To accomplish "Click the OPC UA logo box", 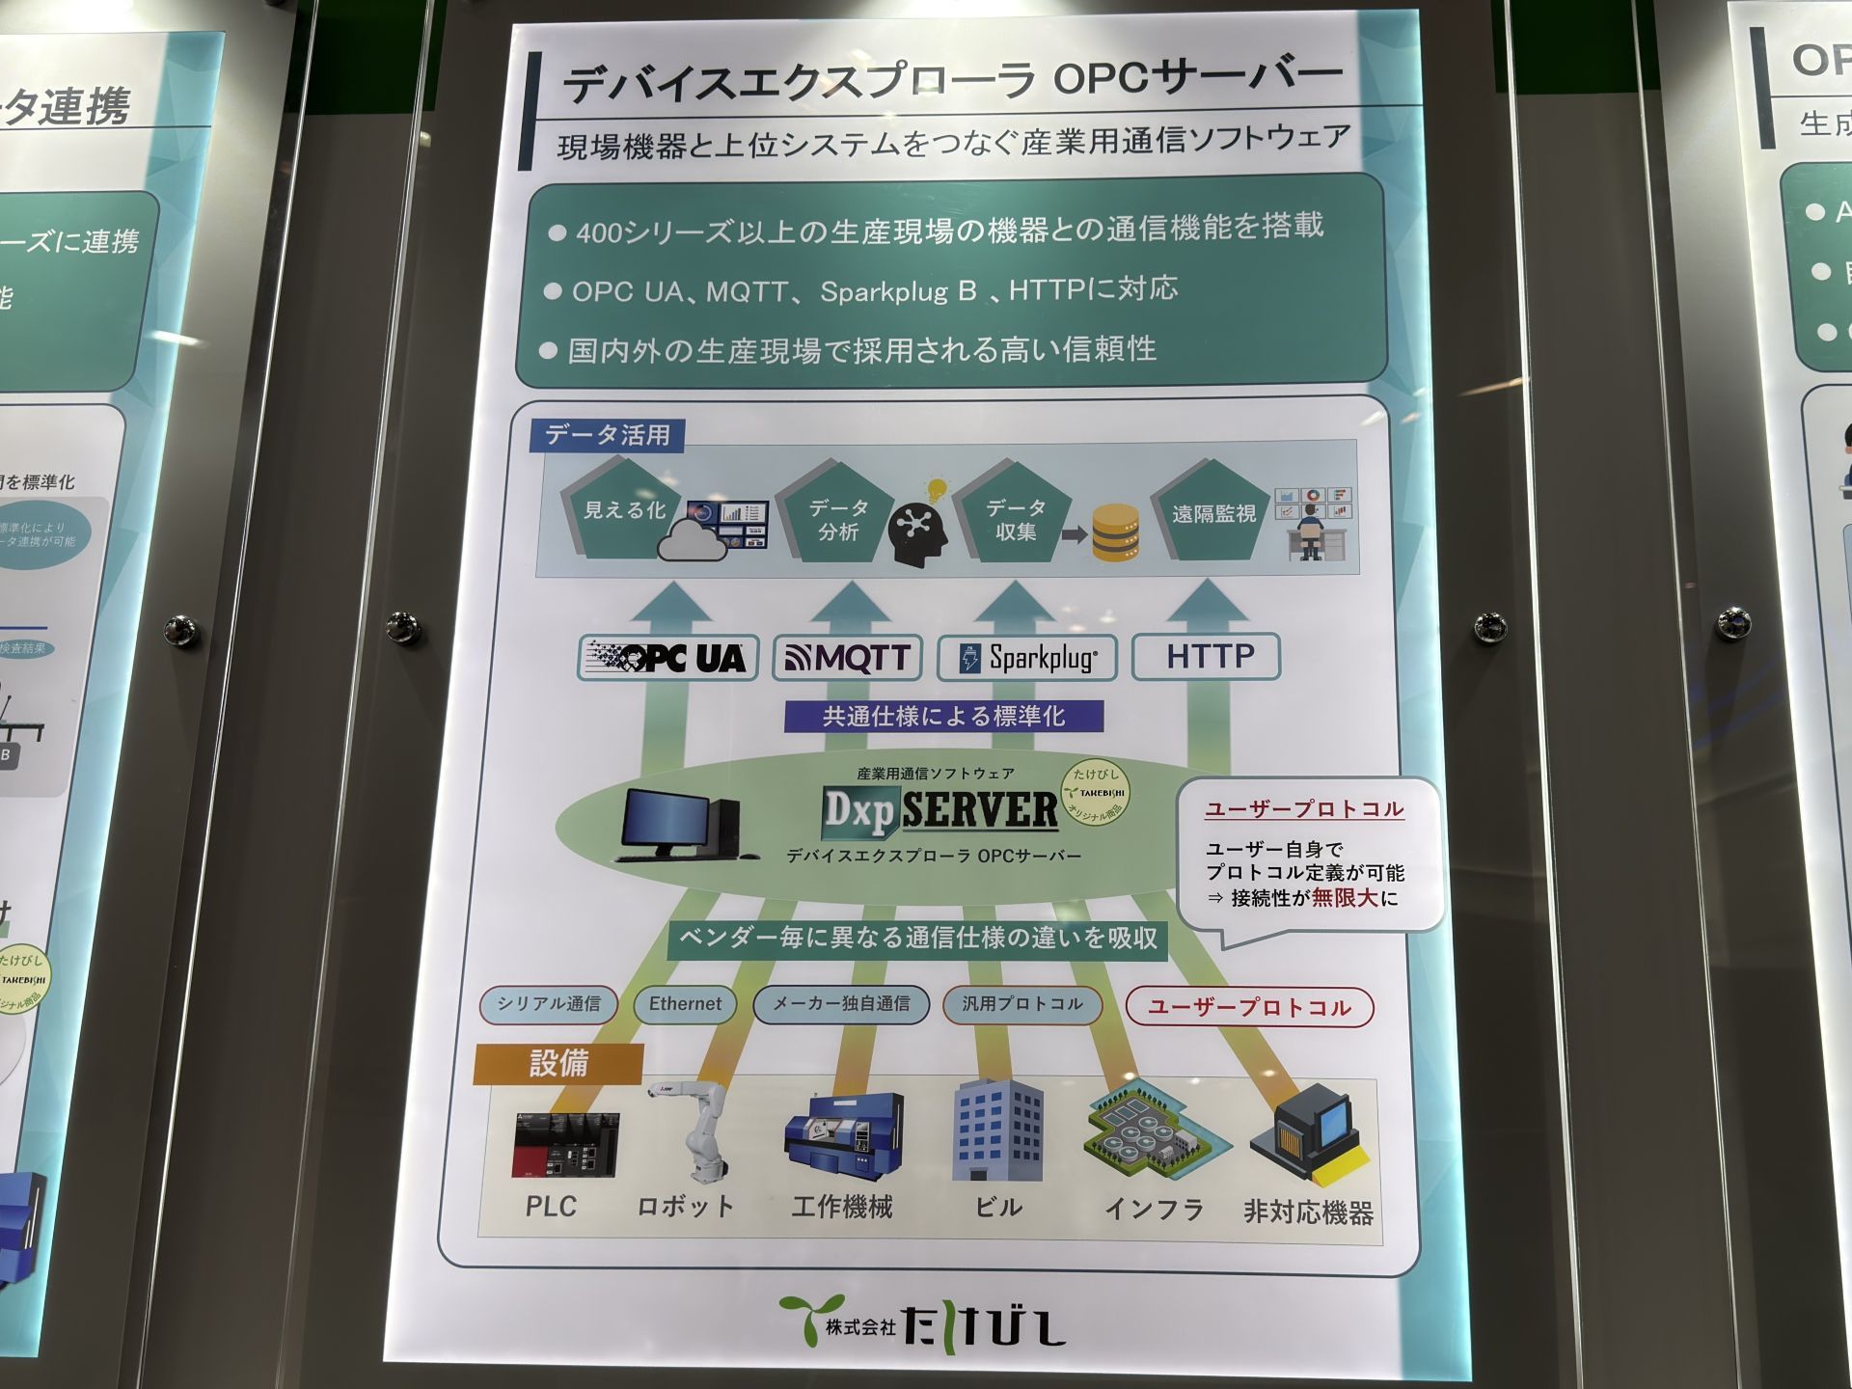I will [668, 659].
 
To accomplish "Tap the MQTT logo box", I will [847, 659].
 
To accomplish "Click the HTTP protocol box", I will [1207, 657].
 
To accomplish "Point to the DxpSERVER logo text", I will [940, 810].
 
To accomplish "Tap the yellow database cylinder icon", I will [1116, 533].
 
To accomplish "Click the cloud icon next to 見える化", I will [692, 541].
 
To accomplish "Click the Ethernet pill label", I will [685, 1004].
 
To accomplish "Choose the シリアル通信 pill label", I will [549, 1004].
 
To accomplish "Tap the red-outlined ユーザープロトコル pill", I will [1249, 1008].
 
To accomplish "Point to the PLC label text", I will [551, 1207].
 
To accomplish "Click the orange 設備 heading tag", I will [558, 1064].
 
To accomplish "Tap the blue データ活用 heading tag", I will [607, 435].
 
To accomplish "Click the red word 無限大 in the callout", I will [1345, 898].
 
